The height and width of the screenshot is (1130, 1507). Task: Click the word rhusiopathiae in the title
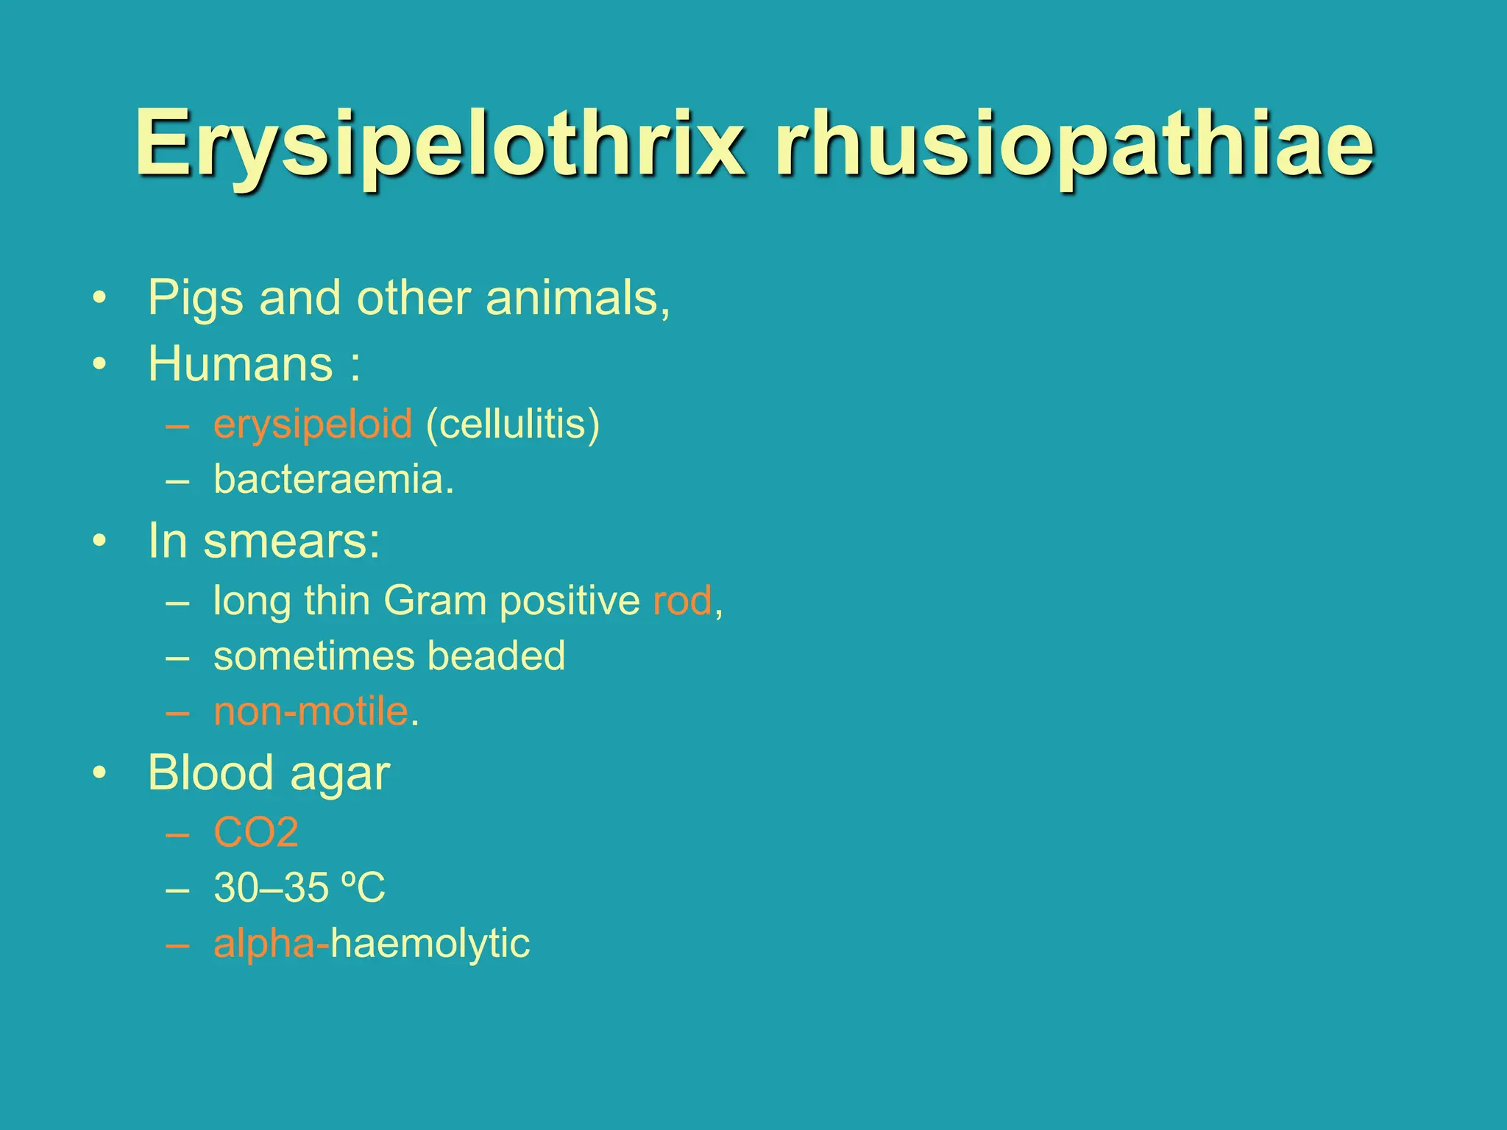(x=1074, y=144)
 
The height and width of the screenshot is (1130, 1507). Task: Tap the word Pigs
(x=195, y=299)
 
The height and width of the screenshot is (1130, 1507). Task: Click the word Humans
(x=241, y=363)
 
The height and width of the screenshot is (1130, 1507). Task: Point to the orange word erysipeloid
(x=312, y=424)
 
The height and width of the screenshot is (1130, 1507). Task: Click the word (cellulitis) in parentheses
(x=513, y=424)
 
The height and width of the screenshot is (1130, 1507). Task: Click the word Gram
(x=435, y=601)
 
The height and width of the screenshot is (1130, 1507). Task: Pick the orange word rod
(x=682, y=601)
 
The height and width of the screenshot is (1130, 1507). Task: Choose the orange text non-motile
(x=311, y=711)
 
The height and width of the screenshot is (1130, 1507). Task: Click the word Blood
(x=210, y=773)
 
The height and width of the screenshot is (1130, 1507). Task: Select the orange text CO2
(x=256, y=833)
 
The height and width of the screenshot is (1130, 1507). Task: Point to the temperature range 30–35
(x=270, y=888)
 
